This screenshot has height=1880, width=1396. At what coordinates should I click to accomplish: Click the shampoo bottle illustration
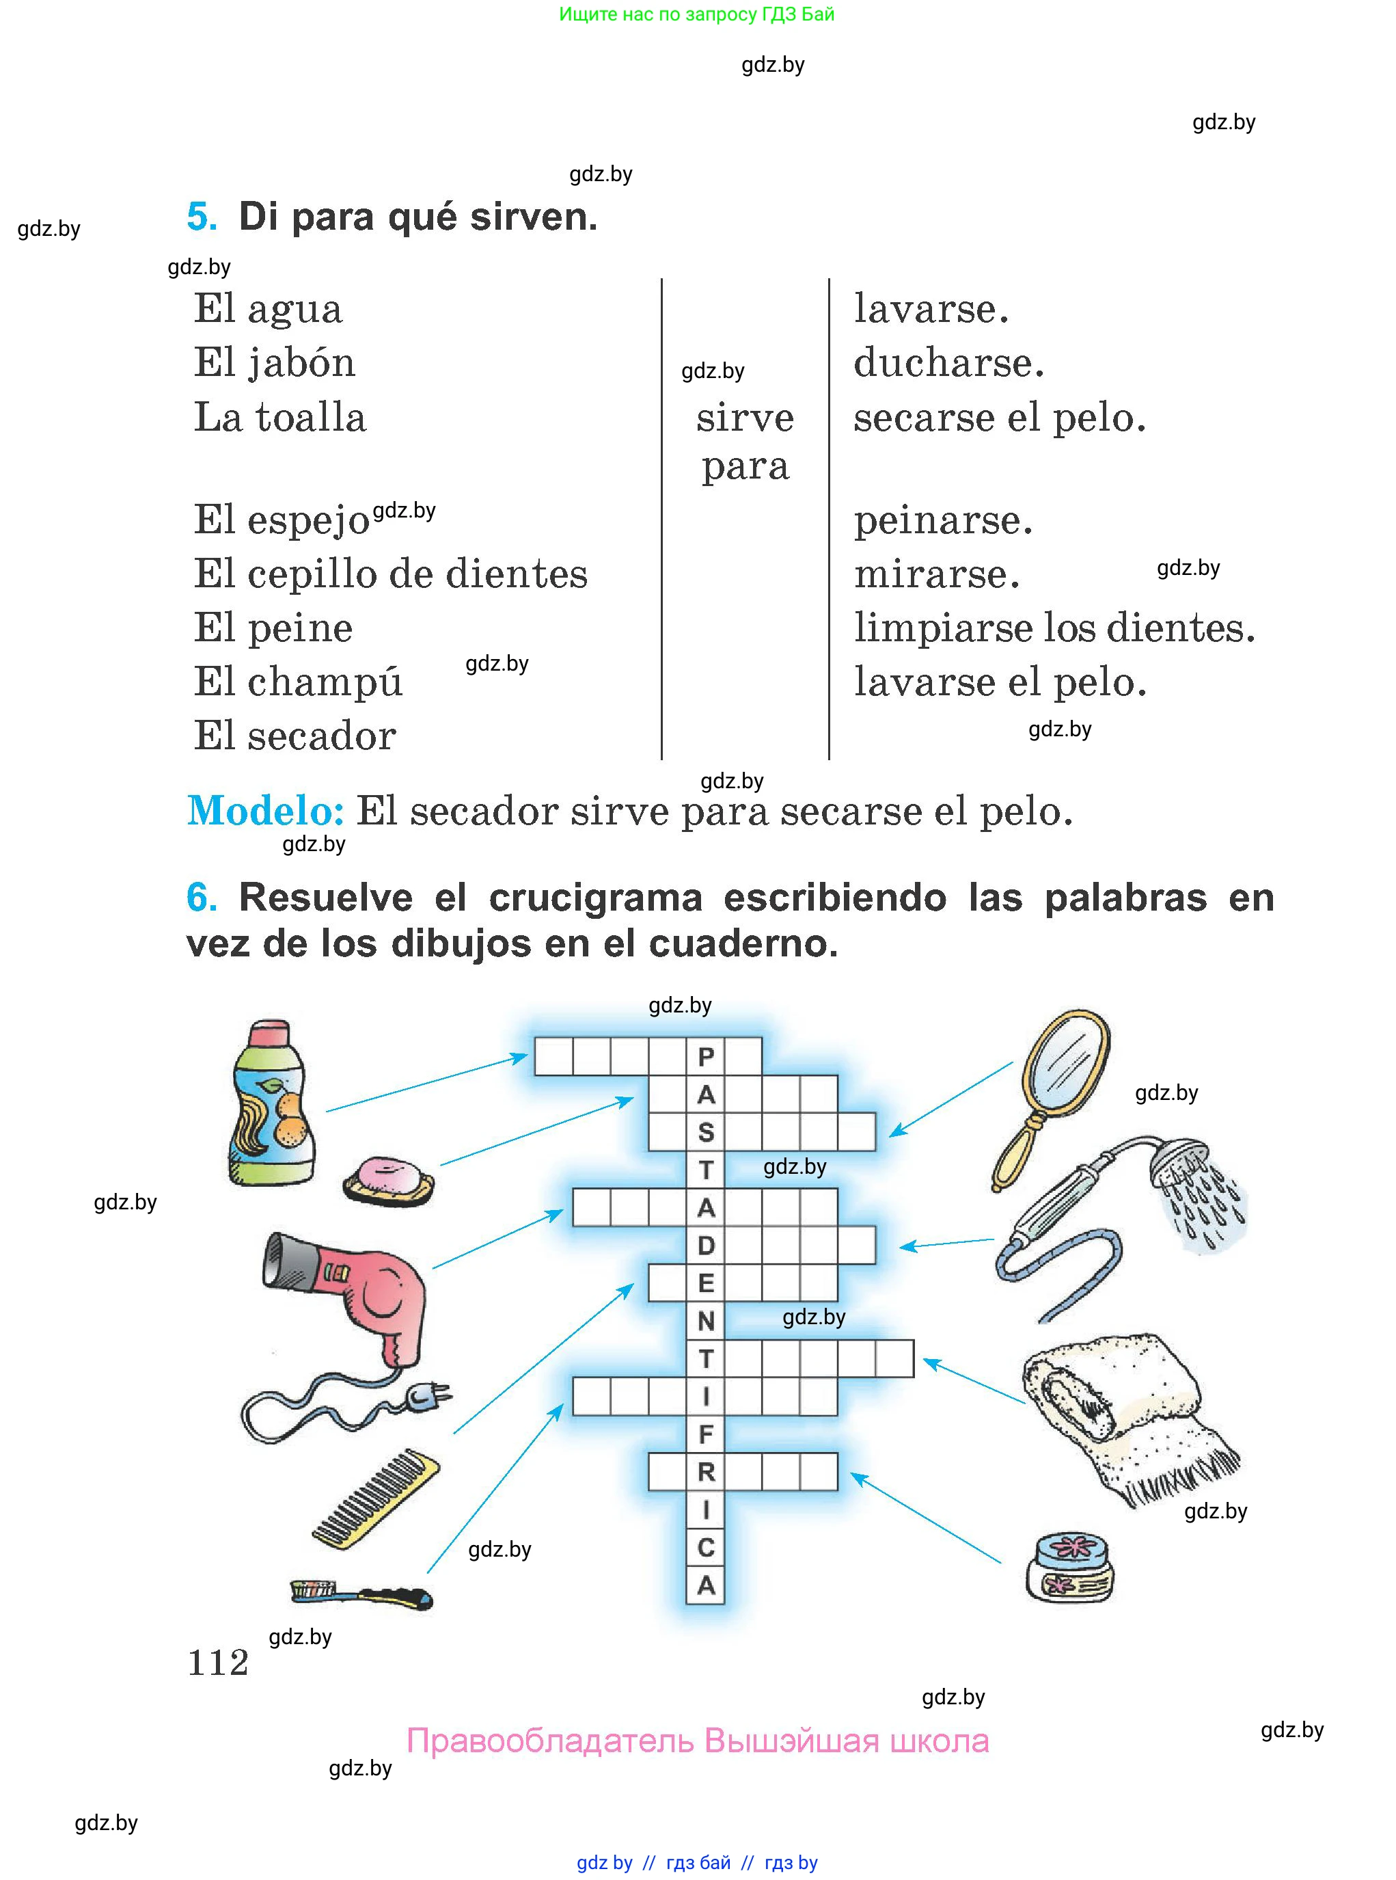(273, 1103)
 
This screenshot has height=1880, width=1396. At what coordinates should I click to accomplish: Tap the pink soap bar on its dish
(389, 1179)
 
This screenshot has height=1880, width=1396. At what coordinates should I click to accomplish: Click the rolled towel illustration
(1124, 1412)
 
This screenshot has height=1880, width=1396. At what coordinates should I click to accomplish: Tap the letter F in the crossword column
(706, 1434)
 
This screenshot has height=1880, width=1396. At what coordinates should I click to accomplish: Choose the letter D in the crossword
(706, 1245)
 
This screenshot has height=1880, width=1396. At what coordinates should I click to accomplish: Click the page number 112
(218, 1663)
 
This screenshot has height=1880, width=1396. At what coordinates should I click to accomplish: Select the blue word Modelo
(265, 811)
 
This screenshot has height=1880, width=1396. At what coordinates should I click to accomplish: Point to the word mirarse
(936, 574)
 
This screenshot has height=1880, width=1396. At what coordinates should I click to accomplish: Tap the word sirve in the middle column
(745, 418)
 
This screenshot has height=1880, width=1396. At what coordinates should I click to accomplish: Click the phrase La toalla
(279, 418)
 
